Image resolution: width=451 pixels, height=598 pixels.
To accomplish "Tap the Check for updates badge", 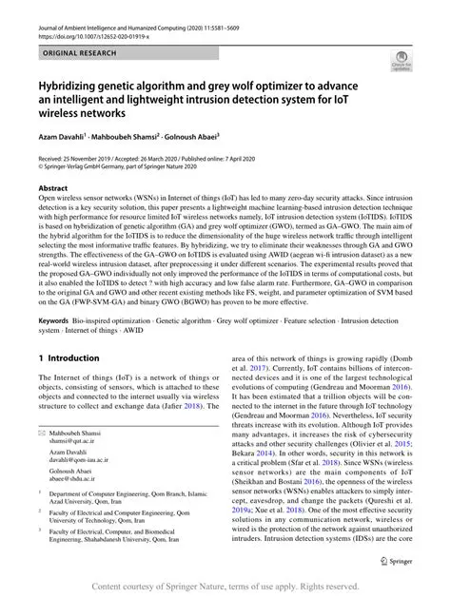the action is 401,65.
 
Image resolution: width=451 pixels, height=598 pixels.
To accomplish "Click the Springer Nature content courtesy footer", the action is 225,587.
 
